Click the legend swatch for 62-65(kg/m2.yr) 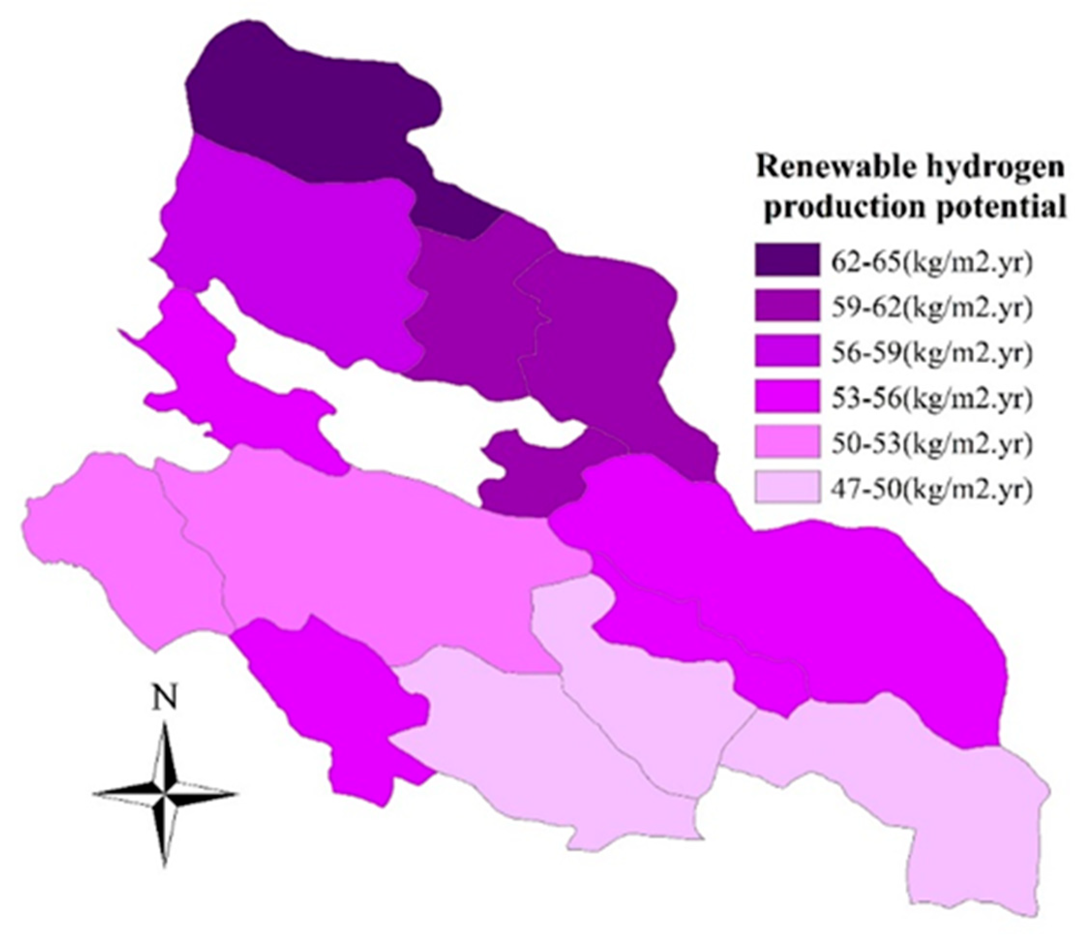point(787,259)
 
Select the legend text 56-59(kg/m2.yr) point(931,352)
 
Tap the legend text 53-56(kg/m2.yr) point(931,397)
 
